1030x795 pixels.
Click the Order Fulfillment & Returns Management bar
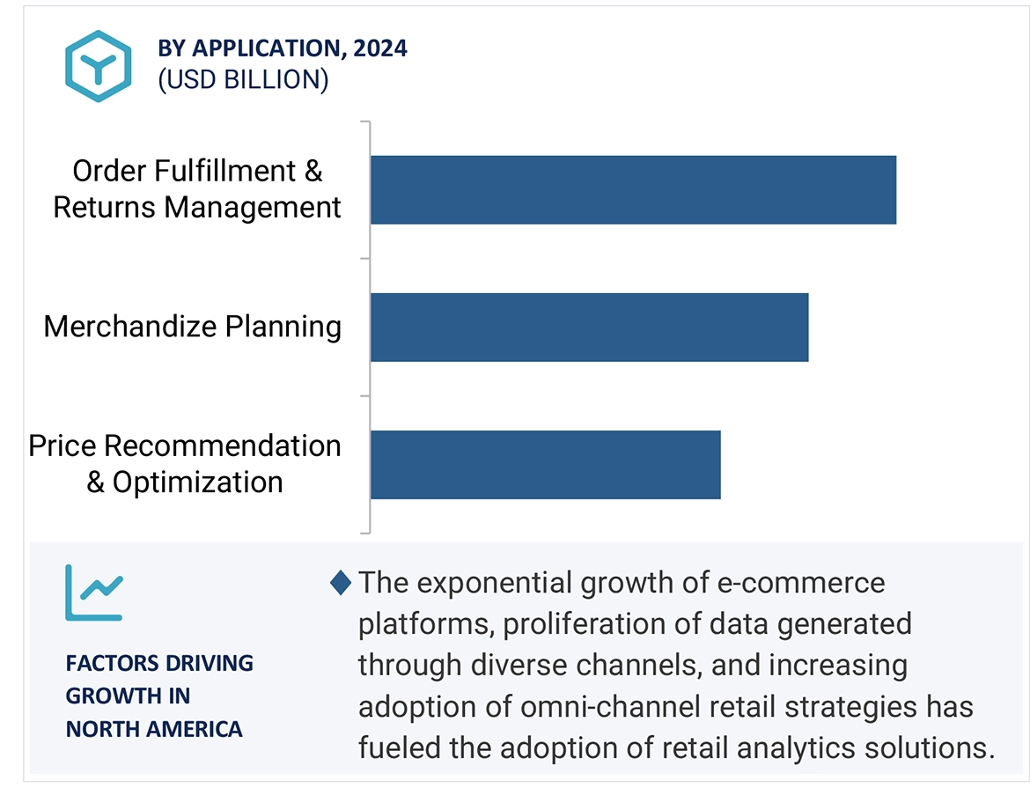point(632,190)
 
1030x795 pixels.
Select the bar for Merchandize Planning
point(588,328)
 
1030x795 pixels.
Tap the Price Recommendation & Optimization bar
point(545,465)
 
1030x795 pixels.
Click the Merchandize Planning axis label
point(193,327)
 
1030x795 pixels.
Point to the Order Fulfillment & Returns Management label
point(197,189)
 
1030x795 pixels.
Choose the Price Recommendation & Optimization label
point(185,464)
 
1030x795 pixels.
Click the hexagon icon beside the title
point(98,66)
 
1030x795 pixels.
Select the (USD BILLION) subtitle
point(243,80)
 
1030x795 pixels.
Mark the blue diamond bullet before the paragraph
point(341,583)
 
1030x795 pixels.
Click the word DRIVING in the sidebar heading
point(212,663)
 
